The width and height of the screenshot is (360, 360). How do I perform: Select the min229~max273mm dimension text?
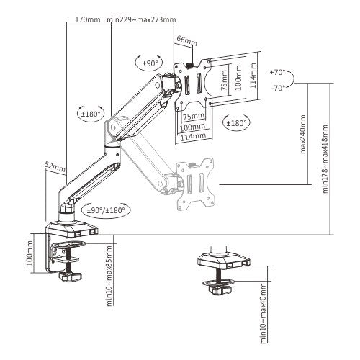[140, 20]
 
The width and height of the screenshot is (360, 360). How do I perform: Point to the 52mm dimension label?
[54, 166]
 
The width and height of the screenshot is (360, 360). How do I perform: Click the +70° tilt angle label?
[277, 73]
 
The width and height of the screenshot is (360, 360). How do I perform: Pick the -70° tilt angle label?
[277, 87]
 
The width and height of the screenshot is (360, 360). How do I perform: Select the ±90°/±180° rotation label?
[105, 210]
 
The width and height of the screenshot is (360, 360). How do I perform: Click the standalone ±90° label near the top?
[150, 63]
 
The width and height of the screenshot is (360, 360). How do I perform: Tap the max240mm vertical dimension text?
[303, 135]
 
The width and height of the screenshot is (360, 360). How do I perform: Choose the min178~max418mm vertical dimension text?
[325, 158]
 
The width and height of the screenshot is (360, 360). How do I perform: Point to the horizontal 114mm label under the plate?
[194, 135]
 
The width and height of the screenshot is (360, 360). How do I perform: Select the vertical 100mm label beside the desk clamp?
[30, 254]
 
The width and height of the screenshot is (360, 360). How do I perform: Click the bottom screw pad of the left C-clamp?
[73, 276]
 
